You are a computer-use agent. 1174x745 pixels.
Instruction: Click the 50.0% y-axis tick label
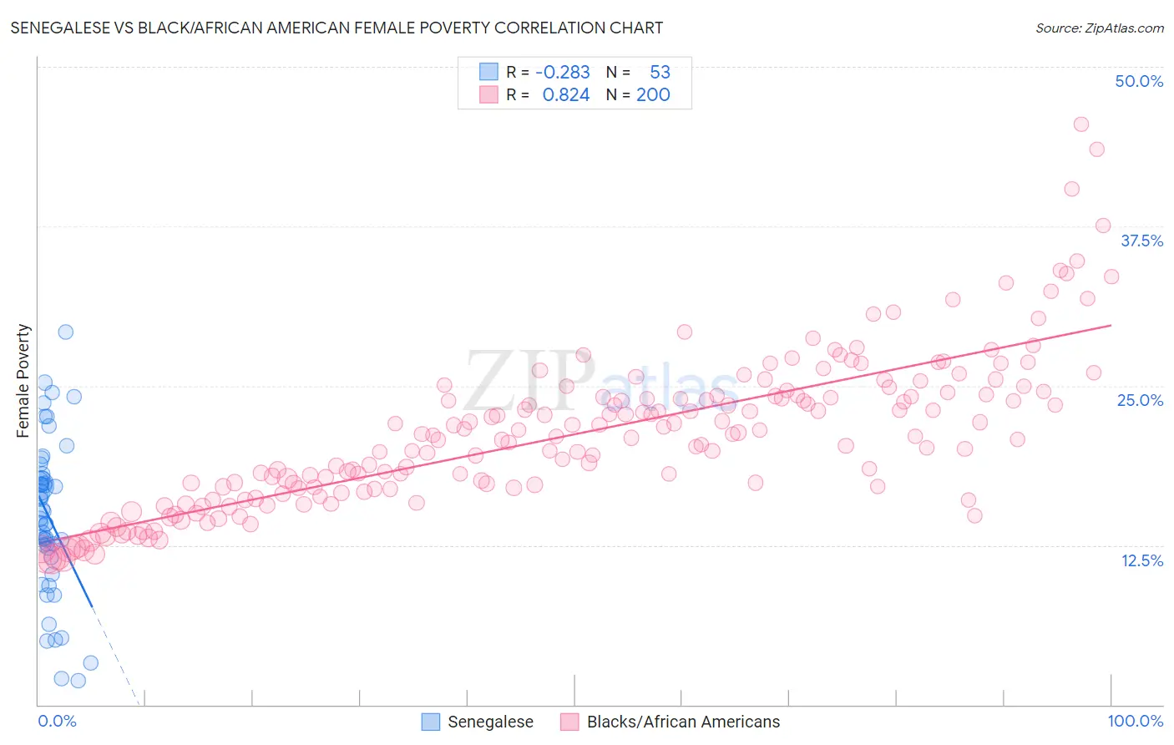[1139, 81]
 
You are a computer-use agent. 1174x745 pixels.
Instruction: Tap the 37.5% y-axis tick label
[1141, 241]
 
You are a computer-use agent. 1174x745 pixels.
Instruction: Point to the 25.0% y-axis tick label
[1140, 400]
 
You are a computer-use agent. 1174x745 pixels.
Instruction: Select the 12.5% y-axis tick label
[1141, 560]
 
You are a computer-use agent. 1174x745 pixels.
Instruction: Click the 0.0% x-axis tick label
[57, 721]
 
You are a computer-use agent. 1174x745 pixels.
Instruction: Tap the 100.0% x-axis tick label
[1135, 721]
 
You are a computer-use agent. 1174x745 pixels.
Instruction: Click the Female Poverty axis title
[23, 381]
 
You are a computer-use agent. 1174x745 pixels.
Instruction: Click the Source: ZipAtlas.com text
[1099, 28]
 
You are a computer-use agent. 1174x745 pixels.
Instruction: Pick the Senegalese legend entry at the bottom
[490, 722]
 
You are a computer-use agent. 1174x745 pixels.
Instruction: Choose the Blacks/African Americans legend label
[683, 722]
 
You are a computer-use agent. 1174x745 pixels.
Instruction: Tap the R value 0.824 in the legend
[566, 94]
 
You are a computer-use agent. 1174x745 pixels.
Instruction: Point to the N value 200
[653, 94]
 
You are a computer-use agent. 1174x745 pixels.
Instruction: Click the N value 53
[660, 72]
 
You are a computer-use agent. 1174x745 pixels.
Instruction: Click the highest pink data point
[1080, 124]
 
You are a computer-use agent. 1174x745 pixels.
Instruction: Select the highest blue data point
[65, 332]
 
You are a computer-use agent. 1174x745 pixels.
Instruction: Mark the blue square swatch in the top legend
[488, 72]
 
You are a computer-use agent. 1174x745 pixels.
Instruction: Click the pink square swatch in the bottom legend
[569, 722]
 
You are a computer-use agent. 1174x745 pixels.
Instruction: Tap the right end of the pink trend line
[1111, 325]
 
